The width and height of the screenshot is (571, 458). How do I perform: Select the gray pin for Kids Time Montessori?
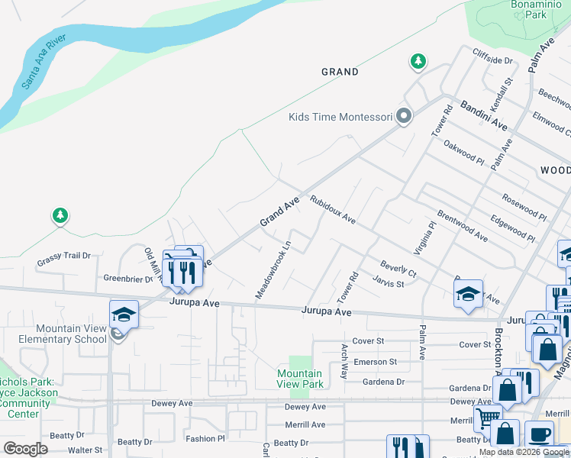tap(404, 117)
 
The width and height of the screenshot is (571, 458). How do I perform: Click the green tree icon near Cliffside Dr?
tap(418, 61)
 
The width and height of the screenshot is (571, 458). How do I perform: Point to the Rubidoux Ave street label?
tap(333, 209)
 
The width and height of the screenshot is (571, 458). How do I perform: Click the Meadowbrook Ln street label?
tap(273, 271)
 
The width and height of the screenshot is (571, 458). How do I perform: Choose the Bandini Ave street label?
tap(483, 114)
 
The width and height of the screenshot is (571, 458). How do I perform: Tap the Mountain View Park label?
tap(299, 379)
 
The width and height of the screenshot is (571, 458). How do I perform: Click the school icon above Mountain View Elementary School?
tap(124, 314)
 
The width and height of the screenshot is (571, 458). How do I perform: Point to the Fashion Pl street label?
tap(205, 439)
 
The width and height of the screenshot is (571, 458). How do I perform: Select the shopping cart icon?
tap(488, 418)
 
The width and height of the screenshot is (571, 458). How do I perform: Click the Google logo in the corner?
tap(25, 449)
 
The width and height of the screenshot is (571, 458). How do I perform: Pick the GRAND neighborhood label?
tap(340, 72)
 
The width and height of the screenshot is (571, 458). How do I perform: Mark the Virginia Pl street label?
tap(424, 237)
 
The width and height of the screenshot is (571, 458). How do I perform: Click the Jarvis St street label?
tap(389, 283)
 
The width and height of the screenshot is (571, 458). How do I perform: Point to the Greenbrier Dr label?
tap(129, 279)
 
